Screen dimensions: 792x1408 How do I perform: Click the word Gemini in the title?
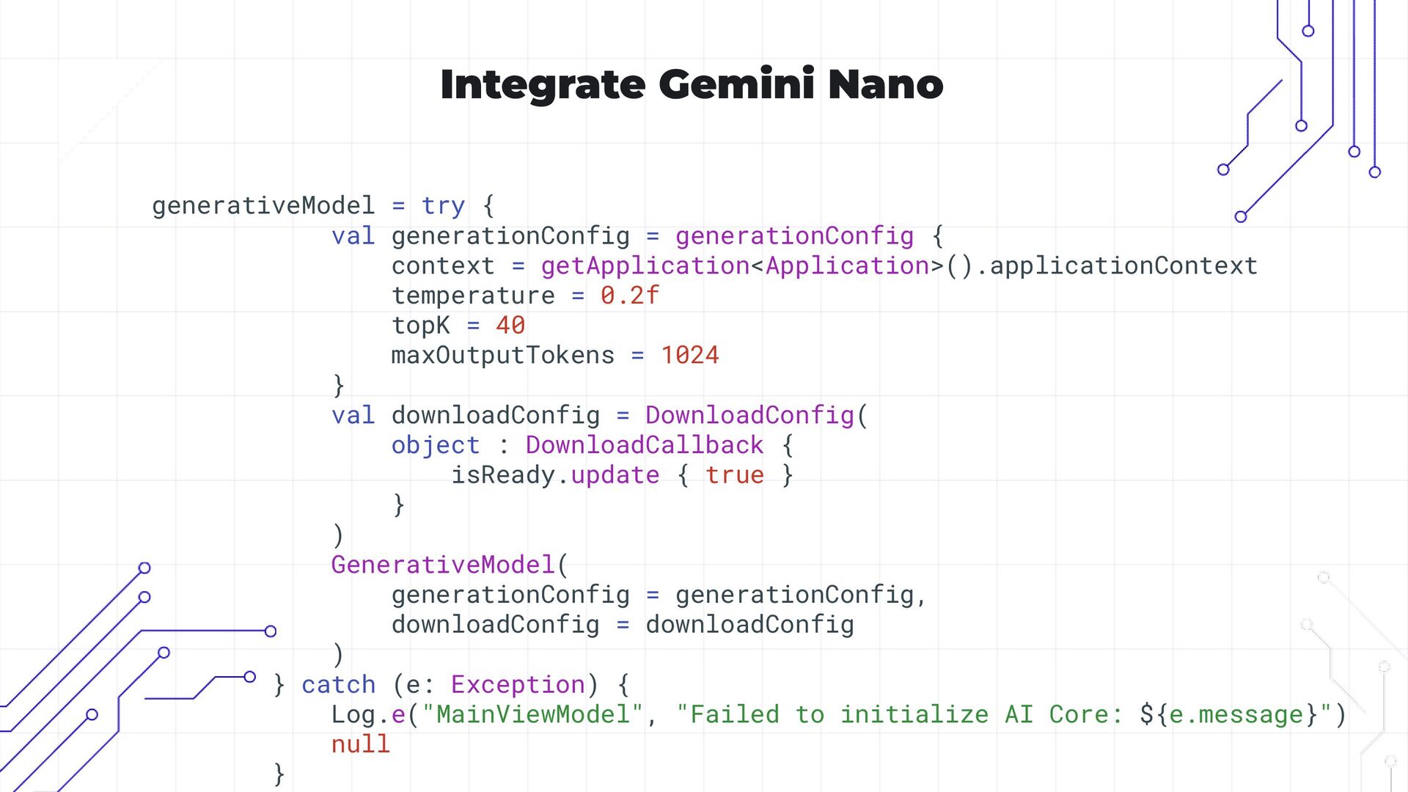pyautogui.click(x=736, y=84)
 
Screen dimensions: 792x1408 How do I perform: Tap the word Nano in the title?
pyautogui.click(x=885, y=84)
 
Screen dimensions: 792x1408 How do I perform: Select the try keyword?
pyautogui.click(x=443, y=206)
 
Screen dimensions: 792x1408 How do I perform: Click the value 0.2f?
pyautogui.click(x=630, y=296)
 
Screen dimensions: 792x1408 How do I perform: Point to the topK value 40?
pyautogui.click(x=510, y=326)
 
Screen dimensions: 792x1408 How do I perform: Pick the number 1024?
pyautogui.click(x=690, y=356)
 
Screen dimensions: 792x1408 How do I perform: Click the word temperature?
pyautogui.click(x=473, y=296)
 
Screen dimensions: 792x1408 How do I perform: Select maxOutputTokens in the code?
pyautogui.click(x=502, y=356)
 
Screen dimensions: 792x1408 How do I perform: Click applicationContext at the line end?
pyautogui.click(x=1123, y=265)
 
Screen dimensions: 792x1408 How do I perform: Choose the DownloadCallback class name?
pyautogui.click(x=645, y=445)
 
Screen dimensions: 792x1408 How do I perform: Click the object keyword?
pyautogui.click(x=436, y=445)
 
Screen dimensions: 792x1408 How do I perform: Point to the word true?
pyautogui.click(x=735, y=475)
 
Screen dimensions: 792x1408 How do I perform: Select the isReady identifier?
pyautogui.click(x=502, y=475)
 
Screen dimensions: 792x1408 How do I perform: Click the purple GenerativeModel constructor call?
pyautogui.click(x=443, y=565)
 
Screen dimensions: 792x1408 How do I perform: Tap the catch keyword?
pyautogui.click(x=339, y=684)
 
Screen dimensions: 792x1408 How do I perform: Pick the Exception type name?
pyautogui.click(x=518, y=684)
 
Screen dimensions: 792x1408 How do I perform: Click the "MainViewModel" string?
pyautogui.click(x=532, y=714)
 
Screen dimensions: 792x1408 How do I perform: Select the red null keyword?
pyautogui.click(x=360, y=744)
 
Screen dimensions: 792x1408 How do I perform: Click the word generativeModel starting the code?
pyautogui.click(x=263, y=206)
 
